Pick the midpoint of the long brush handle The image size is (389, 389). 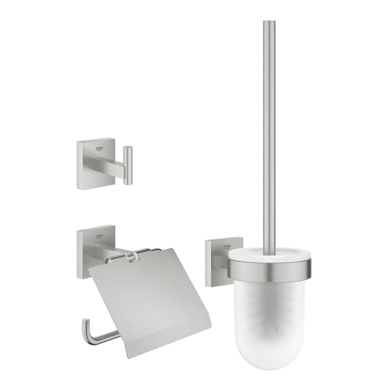click(x=269, y=134)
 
